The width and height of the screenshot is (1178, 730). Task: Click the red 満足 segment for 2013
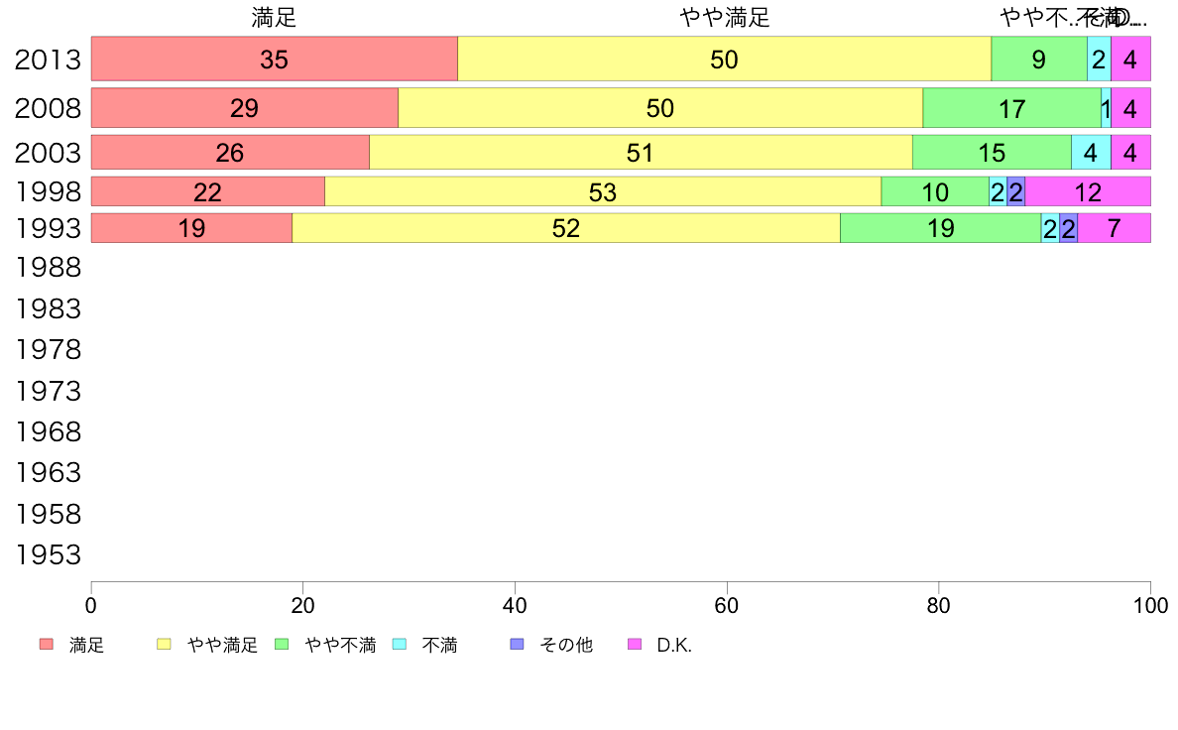pyautogui.click(x=274, y=59)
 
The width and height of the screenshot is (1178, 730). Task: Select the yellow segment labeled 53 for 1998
pyautogui.click(x=603, y=191)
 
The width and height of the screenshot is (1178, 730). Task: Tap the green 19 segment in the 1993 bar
pyautogui.click(x=940, y=228)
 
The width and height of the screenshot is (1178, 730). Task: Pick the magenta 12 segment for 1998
pyautogui.click(x=1088, y=191)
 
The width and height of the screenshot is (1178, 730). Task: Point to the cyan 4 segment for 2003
pyautogui.click(x=1091, y=153)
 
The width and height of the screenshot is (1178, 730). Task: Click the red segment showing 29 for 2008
pyautogui.click(x=244, y=108)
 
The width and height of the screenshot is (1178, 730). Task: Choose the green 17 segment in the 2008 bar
pyautogui.click(x=1011, y=108)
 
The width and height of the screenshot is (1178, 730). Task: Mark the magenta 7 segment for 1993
pyautogui.click(x=1114, y=228)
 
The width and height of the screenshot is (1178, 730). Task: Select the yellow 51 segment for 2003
pyautogui.click(x=641, y=153)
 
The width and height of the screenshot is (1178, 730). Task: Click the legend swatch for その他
pyautogui.click(x=517, y=645)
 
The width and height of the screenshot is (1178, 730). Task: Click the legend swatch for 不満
pyautogui.click(x=400, y=645)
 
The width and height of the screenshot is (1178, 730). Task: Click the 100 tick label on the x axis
pyautogui.click(x=1149, y=604)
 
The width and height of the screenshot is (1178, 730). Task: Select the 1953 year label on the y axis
pyautogui.click(x=49, y=554)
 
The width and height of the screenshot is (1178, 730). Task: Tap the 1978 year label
pyautogui.click(x=49, y=349)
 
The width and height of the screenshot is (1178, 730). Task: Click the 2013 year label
pyautogui.click(x=49, y=60)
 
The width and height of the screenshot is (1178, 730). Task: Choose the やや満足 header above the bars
pyautogui.click(x=725, y=17)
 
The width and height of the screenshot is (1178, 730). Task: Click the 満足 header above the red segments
pyautogui.click(x=274, y=17)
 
